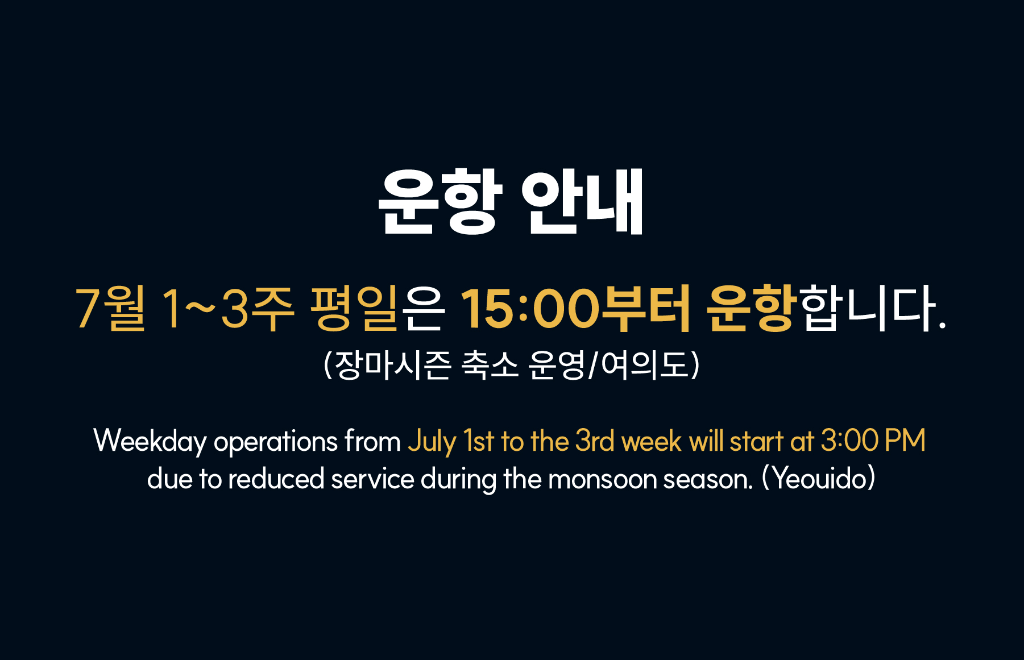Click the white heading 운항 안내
[x=511, y=202]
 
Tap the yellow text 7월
[x=110, y=308]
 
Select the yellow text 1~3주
[x=228, y=308]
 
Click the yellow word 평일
[x=353, y=308]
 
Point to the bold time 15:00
[x=529, y=308]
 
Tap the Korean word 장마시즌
[x=393, y=364]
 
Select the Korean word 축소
[x=490, y=364]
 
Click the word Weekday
[x=150, y=442]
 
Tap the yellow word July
[x=432, y=442]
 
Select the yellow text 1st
[x=478, y=441]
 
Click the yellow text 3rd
[x=595, y=441]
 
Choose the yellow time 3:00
[x=849, y=441]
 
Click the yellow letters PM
[x=906, y=441]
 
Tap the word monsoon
[x=602, y=479]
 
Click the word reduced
[x=276, y=478]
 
